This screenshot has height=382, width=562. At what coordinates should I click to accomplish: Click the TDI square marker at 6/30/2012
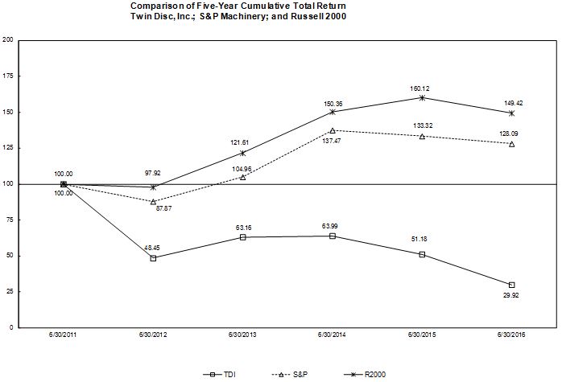point(153,258)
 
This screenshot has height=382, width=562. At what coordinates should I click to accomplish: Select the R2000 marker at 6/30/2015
point(422,98)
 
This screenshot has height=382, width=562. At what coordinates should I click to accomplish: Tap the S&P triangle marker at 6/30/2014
point(333,130)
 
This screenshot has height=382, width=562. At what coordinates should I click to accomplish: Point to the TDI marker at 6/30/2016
point(511,285)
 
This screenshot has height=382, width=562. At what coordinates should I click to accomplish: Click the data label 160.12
point(419,88)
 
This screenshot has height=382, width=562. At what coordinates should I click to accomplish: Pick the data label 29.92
point(510,295)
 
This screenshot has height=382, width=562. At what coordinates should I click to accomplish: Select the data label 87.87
point(163,208)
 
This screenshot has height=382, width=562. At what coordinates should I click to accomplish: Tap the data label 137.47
point(332,141)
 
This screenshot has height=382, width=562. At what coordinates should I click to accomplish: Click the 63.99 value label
point(330,226)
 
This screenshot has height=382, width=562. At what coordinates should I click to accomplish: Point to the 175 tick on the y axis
point(7,76)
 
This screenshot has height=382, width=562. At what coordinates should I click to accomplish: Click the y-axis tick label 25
point(10,291)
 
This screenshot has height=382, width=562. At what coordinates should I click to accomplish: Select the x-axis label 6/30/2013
point(242,335)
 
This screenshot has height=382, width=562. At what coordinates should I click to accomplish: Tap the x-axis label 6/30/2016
point(511,335)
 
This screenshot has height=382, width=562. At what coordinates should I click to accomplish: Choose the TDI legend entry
point(220,375)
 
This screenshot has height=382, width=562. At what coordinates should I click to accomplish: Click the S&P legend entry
point(291,375)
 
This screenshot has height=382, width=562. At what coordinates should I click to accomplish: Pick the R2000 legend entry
point(365,375)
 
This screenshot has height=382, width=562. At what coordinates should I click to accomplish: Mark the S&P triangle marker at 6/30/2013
point(242,177)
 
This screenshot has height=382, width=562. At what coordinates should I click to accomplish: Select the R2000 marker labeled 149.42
point(511,113)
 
